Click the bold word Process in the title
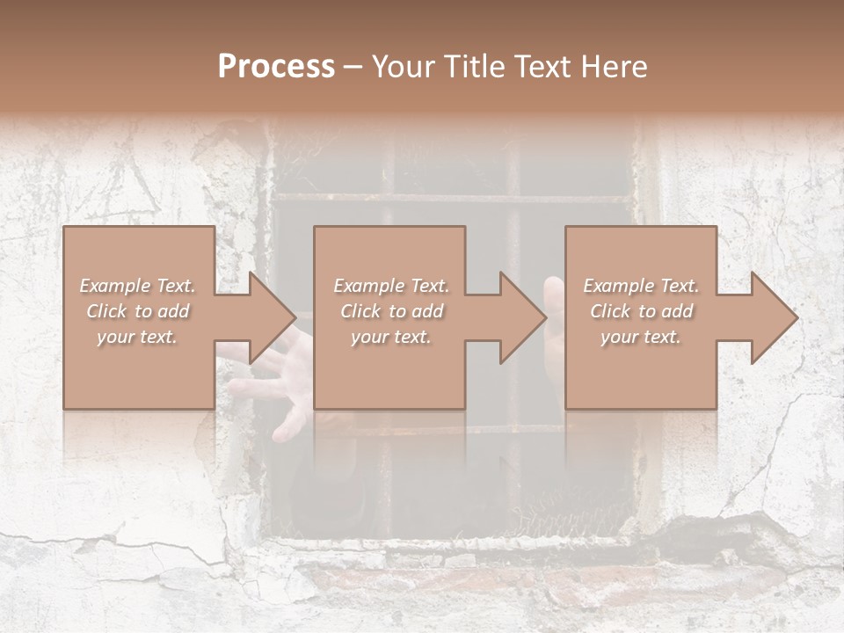coord(276,67)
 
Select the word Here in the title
coord(614,67)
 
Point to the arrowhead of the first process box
coord(273,317)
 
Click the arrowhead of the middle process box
coord(524,317)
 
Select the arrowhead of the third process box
coord(775,317)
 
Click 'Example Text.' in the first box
coord(138,286)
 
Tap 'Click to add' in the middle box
coord(391,311)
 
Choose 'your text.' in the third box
coord(641,337)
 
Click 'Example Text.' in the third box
coord(641,286)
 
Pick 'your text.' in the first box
coord(138,337)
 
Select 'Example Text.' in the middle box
coord(391,286)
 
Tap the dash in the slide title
coord(353,67)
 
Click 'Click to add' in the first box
coord(138,311)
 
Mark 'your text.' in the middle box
coord(391,337)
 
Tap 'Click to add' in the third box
coord(641,311)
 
